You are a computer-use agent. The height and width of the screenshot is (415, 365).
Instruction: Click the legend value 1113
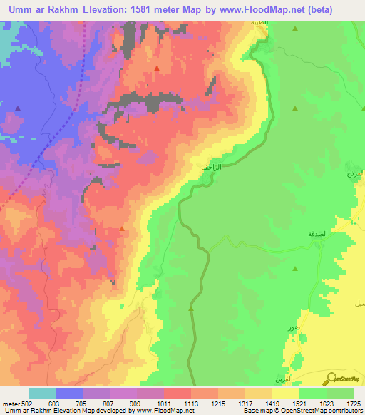[x=191, y=404]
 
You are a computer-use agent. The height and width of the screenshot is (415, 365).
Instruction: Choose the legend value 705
[x=83, y=404]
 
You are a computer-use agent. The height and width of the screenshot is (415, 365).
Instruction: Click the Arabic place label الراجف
[x=212, y=167]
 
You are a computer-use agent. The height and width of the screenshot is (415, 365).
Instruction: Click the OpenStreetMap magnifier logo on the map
[x=330, y=379]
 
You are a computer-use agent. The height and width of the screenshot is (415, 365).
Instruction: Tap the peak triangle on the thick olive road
[x=191, y=309]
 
